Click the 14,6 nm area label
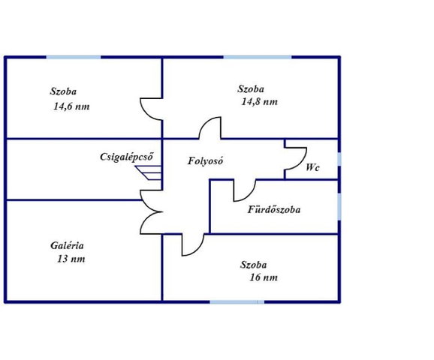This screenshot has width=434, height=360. click(71, 106)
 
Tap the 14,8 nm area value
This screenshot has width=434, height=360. click(259, 102)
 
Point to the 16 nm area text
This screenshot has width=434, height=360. click(264, 277)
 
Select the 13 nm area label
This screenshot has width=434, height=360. click(71, 259)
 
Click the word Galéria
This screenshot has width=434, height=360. click(67, 245)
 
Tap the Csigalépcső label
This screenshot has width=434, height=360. click(126, 157)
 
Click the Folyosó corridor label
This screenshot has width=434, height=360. click(205, 161)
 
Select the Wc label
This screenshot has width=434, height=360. click(313, 167)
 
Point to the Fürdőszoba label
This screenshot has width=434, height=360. click(274, 209)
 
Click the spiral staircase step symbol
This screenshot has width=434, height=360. click(149, 172)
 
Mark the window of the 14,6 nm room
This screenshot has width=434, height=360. click(74, 57)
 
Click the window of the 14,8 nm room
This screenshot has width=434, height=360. click(258, 57)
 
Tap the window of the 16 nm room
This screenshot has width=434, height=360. click(237, 302)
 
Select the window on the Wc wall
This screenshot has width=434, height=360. click(339, 159)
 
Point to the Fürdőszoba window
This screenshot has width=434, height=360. click(339, 207)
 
